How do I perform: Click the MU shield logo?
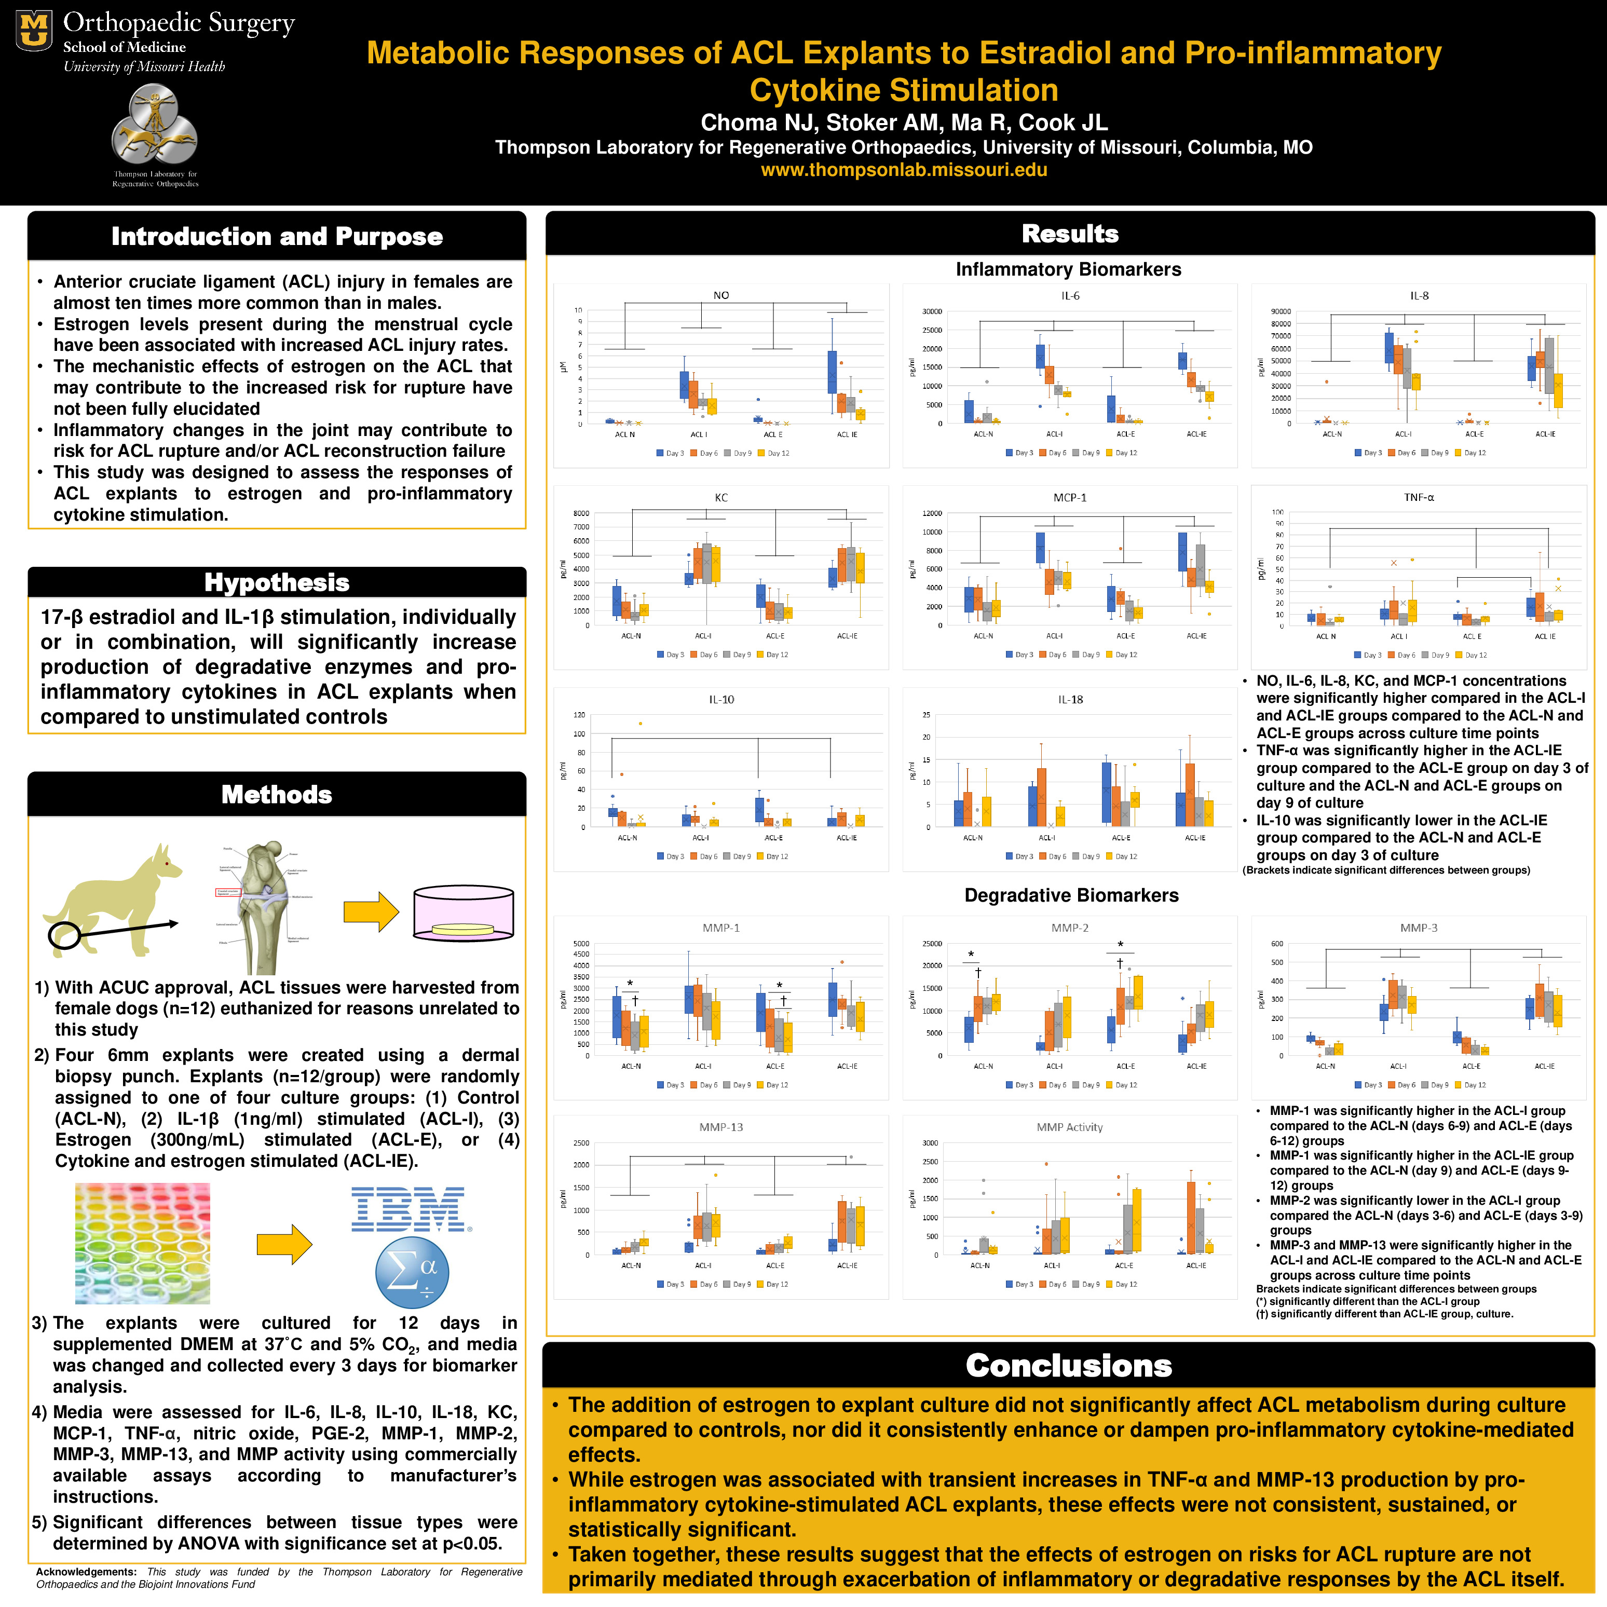pos(34,31)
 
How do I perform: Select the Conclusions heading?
pos(1068,1366)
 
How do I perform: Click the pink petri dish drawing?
pos(464,914)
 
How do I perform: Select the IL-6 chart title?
pos(1070,296)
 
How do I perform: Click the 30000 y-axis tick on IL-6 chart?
pos(932,312)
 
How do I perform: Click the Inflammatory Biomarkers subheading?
pos(1068,269)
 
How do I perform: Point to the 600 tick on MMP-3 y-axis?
pos(1277,944)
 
